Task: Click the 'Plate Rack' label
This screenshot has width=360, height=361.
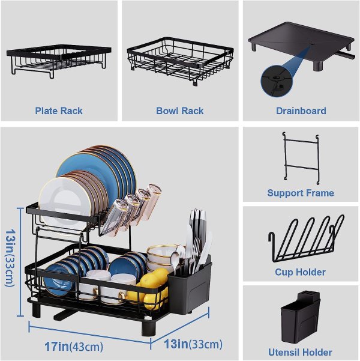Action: click(x=59, y=111)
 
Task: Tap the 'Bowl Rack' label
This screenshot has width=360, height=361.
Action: click(x=179, y=111)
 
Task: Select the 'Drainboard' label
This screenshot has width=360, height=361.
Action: click(x=301, y=111)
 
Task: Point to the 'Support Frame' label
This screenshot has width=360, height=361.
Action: click(x=301, y=193)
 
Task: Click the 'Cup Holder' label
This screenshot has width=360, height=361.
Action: click(x=300, y=272)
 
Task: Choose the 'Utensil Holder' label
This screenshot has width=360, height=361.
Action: click(x=300, y=352)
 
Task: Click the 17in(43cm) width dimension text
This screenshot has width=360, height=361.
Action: click(x=74, y=346)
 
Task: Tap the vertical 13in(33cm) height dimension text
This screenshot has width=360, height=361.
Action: click(x=10, y=258)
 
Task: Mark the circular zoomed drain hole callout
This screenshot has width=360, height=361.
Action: click(x=277, y=81)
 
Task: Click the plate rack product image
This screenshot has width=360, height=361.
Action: click(x=59, y=61)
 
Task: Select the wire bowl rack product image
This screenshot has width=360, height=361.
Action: click(x=180, y=61)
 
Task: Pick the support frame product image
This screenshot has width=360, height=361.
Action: click(x=301, y=159)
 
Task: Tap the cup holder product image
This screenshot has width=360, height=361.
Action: click(x=306, y=240)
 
